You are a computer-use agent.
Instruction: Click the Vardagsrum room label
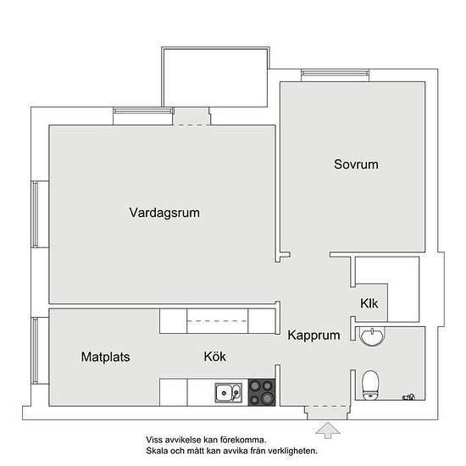tap(164, 213)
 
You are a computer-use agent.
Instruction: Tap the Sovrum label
tap(356, 164)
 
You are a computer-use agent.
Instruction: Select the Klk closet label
tap(369, 303)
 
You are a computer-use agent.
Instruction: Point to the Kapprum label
tap(313, 336)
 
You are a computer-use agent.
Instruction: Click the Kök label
tap(215, 357)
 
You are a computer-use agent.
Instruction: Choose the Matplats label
tap(106, 358)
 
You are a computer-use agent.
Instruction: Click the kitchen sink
tap(228, 393)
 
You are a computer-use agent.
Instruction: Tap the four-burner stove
tap(262, 392)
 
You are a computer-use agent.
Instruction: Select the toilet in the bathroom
tap(370, 385)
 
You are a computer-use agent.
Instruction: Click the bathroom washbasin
tap(372, 336)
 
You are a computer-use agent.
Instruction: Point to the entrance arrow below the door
tap(328, 430)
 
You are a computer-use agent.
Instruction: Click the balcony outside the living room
tap(215, 77)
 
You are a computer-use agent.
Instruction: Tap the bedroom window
tap(335, 73)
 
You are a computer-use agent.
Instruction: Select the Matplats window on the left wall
tap(35, 351)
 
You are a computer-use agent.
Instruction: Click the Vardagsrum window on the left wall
tap(35, 214)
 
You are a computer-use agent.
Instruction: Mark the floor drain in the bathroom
tap(408, 397)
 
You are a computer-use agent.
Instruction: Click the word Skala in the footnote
tap(157, 451)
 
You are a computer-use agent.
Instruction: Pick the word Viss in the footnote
tap(153, 440)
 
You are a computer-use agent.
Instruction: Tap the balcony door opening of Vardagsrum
tap(191, 117)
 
